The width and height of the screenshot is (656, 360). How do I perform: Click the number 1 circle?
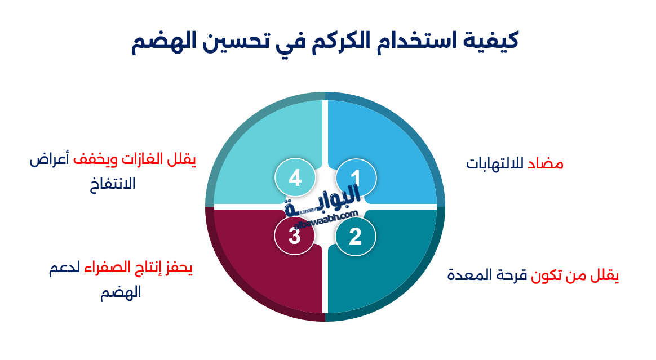point(356,179)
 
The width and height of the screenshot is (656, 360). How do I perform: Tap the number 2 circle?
point(355,236)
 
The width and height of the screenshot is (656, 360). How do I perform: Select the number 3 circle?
point(295,236)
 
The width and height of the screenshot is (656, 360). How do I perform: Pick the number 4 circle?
point(295,179)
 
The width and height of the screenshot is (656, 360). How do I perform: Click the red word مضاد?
point(545,164)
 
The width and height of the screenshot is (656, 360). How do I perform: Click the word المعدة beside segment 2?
point(469,276)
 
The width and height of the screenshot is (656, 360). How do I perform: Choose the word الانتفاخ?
point(113,184)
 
